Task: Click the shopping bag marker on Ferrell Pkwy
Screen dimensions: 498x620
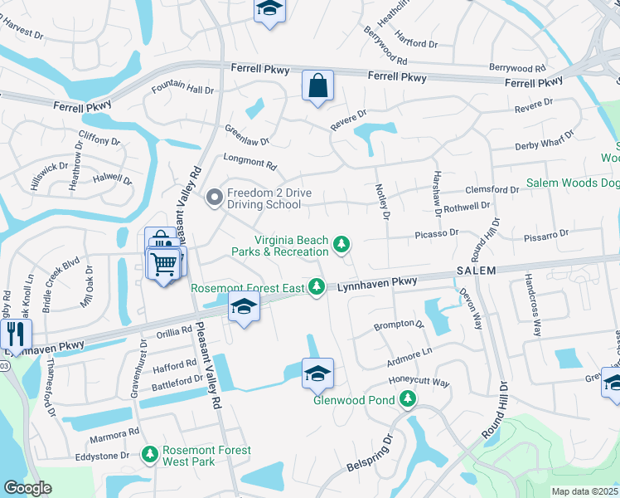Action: click(x=317, y=85)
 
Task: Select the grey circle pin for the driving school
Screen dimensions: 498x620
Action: click(x=214, y=198)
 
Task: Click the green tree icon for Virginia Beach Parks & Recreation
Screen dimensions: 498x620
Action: click(x=341, y=244)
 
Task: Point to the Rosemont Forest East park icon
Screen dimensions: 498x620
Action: click(x=316, y=286)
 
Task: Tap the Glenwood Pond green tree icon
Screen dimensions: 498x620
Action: click(x=407, y=399)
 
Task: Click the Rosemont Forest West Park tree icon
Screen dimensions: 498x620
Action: click(x=149, y=455)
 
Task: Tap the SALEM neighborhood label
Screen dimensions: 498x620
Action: click(x=475, y=271)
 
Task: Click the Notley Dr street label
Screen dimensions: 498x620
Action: click(x=383, y=203)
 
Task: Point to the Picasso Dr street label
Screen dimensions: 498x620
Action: click(x=437, y=234)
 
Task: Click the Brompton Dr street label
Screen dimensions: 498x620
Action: click(x=398, y=326)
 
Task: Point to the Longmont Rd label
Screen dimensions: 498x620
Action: click(x=249, y=164)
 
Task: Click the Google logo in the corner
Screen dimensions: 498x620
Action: click(x=27, y=488)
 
